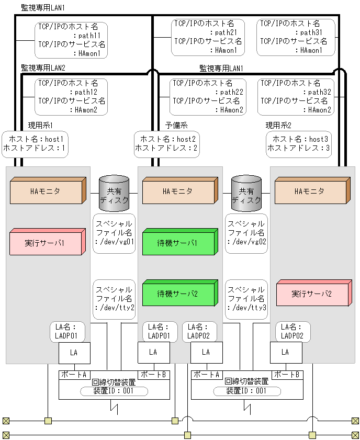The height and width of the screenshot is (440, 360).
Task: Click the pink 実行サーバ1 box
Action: (x=46, y=243)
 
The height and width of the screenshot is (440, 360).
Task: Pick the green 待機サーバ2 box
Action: (x=178, y=294)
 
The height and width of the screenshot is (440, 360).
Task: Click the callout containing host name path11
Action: (x=71, y=40)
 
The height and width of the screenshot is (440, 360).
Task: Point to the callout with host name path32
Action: (x=296, y=97)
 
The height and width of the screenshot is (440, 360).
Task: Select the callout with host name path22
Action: (x=208, y=97)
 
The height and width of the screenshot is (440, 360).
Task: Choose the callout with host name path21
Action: (x=208, y=37)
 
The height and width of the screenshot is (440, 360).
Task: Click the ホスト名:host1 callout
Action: (x=35, y=144)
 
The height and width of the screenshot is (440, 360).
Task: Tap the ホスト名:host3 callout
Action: (x=299, y=144)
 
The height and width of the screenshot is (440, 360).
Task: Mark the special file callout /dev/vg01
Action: (x=114, y=233)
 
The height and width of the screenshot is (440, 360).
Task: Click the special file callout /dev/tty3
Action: (x=246, y=299)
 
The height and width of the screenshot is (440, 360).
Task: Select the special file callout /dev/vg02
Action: (x=246, y=233)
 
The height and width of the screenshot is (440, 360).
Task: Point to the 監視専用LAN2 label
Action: (x=43, y=68)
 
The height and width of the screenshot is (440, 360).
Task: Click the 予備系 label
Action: (x=176, y=126)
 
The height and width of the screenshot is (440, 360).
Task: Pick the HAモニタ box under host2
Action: (x=178, y=191)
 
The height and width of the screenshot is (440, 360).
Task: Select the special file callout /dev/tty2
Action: (x=114, y=299)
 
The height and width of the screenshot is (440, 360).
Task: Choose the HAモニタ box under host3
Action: (x=310, y=191)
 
